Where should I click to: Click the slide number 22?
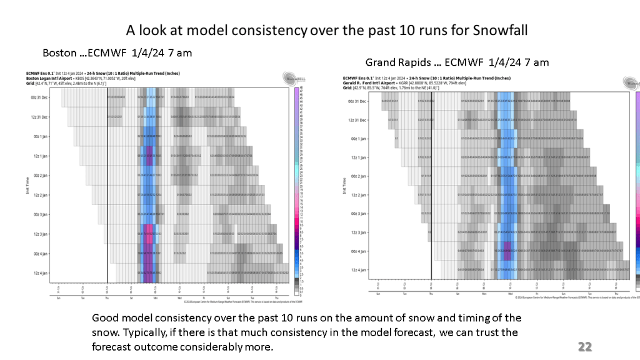click(x=584, y=347)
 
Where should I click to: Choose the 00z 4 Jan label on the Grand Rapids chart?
click(x=357, y=251)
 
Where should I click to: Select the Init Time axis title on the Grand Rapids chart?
click(x=344, y=186)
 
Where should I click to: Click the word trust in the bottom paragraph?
click(x=489, y=332)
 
